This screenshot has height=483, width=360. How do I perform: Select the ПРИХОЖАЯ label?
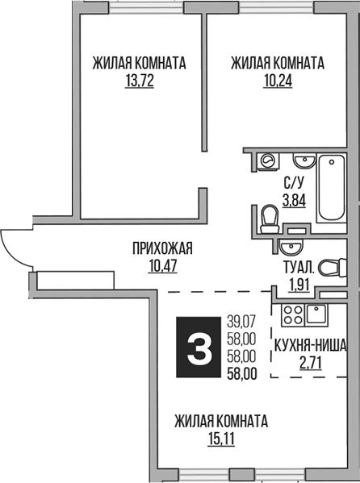pyautogui.click(x=161, y=248)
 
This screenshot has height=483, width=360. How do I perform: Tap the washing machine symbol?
pyautogui.click(x=265, y=161)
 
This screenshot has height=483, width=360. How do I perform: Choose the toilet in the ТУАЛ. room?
pyautogui.click(x=330, y=267)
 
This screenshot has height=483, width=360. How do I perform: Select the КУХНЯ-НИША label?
pyautogui.click(x=310, y=347)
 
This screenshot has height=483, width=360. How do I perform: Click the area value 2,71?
pyautogui.click(x=309, y=364)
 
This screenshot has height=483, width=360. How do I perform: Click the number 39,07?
pyautogui.click(x=241, y=321)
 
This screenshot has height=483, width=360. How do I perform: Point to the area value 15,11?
pyautogui.click(x=220, y=439)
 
